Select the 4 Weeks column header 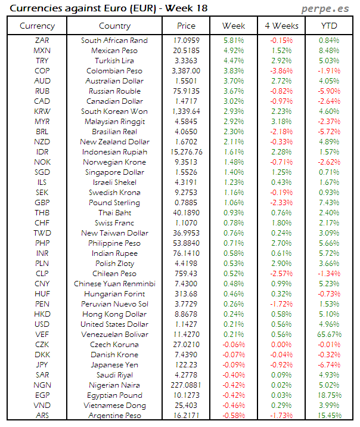pos(281,26)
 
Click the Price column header pos(186,26)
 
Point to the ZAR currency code pos(42,41)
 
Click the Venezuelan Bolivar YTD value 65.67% pos(329,335)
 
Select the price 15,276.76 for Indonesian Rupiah pos(186,152)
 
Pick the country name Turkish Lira pos(114,61)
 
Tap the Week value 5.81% pos(234,41)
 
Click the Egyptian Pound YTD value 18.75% pos(329,395)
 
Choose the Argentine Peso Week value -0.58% pos(232,416)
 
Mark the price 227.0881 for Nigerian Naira pos(186,385)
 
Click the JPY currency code pos(42,365)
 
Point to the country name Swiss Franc pos(114,223)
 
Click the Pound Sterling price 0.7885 pos(186,203)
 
